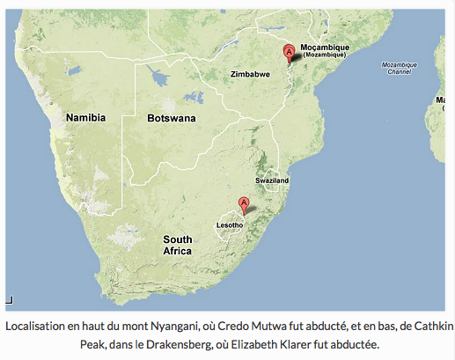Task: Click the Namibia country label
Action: (85, 117)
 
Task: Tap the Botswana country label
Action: (172, 118)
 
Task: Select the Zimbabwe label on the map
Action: (249, 75)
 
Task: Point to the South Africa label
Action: (178, 245)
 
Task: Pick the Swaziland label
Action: (271, 180)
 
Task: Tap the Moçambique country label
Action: (325, 48)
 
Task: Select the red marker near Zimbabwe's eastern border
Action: (288, 52)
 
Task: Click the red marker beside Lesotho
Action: (245, 206)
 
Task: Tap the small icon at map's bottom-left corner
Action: (10, 300)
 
